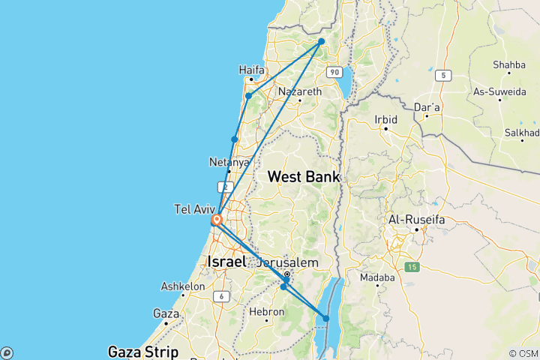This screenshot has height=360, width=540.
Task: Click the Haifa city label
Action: (251, 70)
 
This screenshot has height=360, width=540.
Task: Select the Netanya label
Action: (229, 162)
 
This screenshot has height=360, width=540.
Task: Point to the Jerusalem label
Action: (287, 262)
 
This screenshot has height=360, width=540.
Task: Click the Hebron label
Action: (266, 310)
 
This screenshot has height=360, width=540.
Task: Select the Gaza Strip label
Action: (143, 351)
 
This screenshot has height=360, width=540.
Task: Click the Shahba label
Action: (509, 65)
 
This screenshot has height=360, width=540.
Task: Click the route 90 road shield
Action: (334, 72)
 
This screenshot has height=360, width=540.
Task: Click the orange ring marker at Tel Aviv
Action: (216, 220)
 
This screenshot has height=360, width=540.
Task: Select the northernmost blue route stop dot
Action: (321, 41)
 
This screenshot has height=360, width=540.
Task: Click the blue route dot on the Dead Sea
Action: (326, 319)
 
